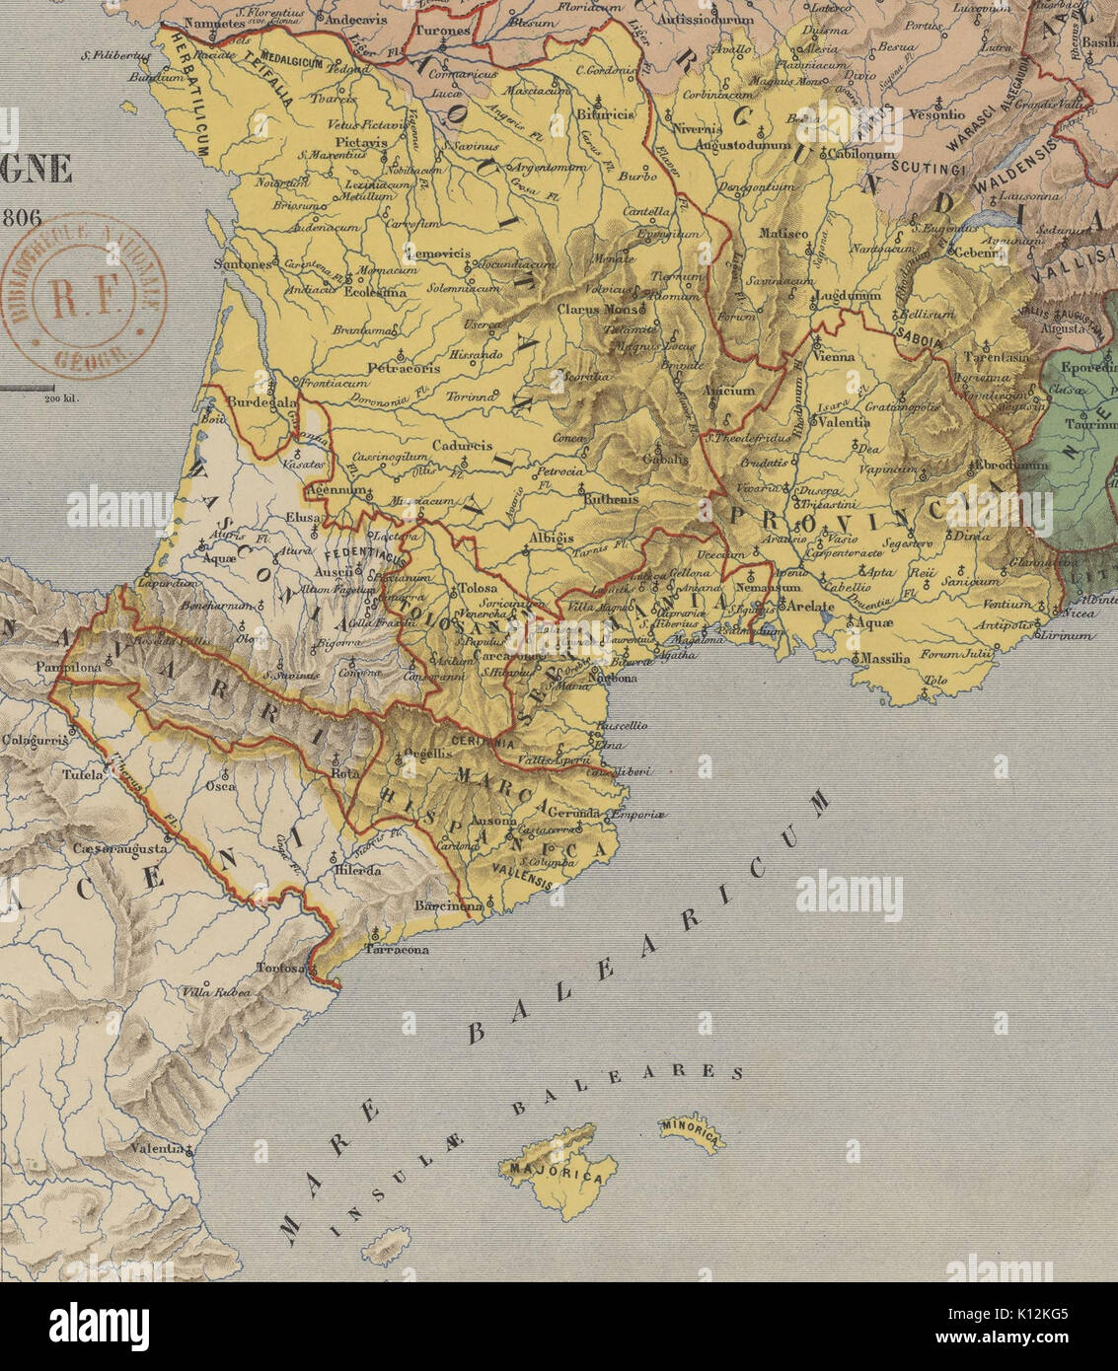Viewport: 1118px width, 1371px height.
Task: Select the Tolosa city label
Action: coord(479,589)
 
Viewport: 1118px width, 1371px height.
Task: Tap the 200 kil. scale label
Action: coord(60,398)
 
